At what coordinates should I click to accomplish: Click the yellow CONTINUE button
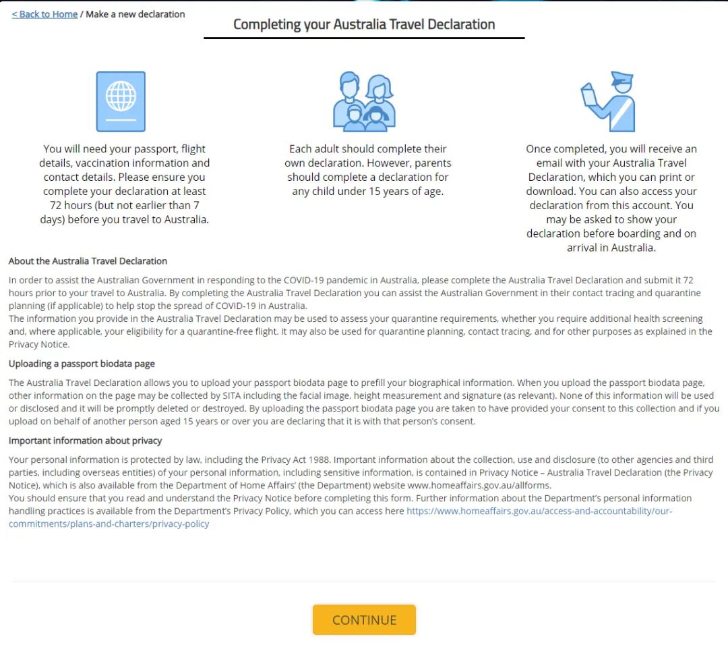364,620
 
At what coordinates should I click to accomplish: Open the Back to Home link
44,14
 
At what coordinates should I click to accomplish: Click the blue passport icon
121,101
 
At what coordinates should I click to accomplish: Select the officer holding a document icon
608,101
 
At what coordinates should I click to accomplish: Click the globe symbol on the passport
121,95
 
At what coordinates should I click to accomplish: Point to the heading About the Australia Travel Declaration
88,261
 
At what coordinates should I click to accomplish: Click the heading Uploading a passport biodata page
82,364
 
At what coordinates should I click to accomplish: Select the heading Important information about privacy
86,441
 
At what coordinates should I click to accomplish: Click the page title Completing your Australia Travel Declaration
364,24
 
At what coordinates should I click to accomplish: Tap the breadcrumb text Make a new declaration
135,14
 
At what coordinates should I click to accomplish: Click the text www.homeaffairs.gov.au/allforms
479,485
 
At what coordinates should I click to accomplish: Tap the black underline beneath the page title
364,38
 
